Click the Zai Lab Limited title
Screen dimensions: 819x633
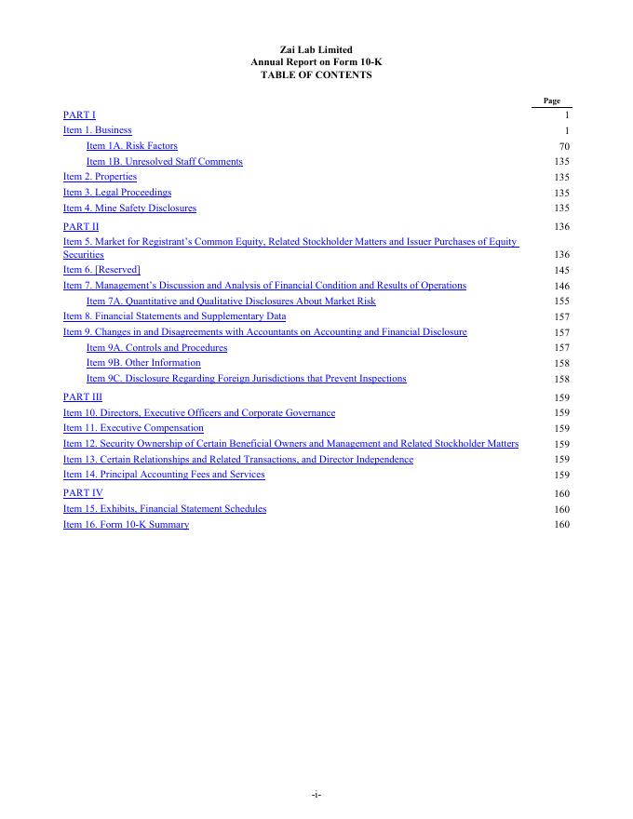(x=316, y=49)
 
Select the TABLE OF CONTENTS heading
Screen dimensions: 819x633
(x=316, y=74)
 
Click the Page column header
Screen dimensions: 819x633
(x=551, y=101)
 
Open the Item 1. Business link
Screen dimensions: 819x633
(x=97, y=130)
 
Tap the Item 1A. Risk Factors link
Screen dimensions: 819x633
(x=131, y=146)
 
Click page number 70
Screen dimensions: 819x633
(x=564, y=146)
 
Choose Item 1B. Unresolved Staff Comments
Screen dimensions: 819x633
(x=164, y=161)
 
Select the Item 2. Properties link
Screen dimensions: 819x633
(x=100, y=177)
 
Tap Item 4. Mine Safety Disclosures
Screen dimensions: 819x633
(x=129, y=208)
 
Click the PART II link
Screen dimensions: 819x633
(x=81, y=226)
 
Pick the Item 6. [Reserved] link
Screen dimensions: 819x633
(x=101, y=270)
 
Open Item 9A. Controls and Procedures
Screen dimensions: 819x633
(x=156, y=347)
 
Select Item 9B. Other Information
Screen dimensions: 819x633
(x=143, y=363)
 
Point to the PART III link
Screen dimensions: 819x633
(x=83, y=396)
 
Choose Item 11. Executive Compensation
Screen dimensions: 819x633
(x=133, y=428)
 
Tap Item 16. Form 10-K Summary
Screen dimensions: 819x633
(x=126, y=525)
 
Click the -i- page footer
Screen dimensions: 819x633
(x=316, y=794)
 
